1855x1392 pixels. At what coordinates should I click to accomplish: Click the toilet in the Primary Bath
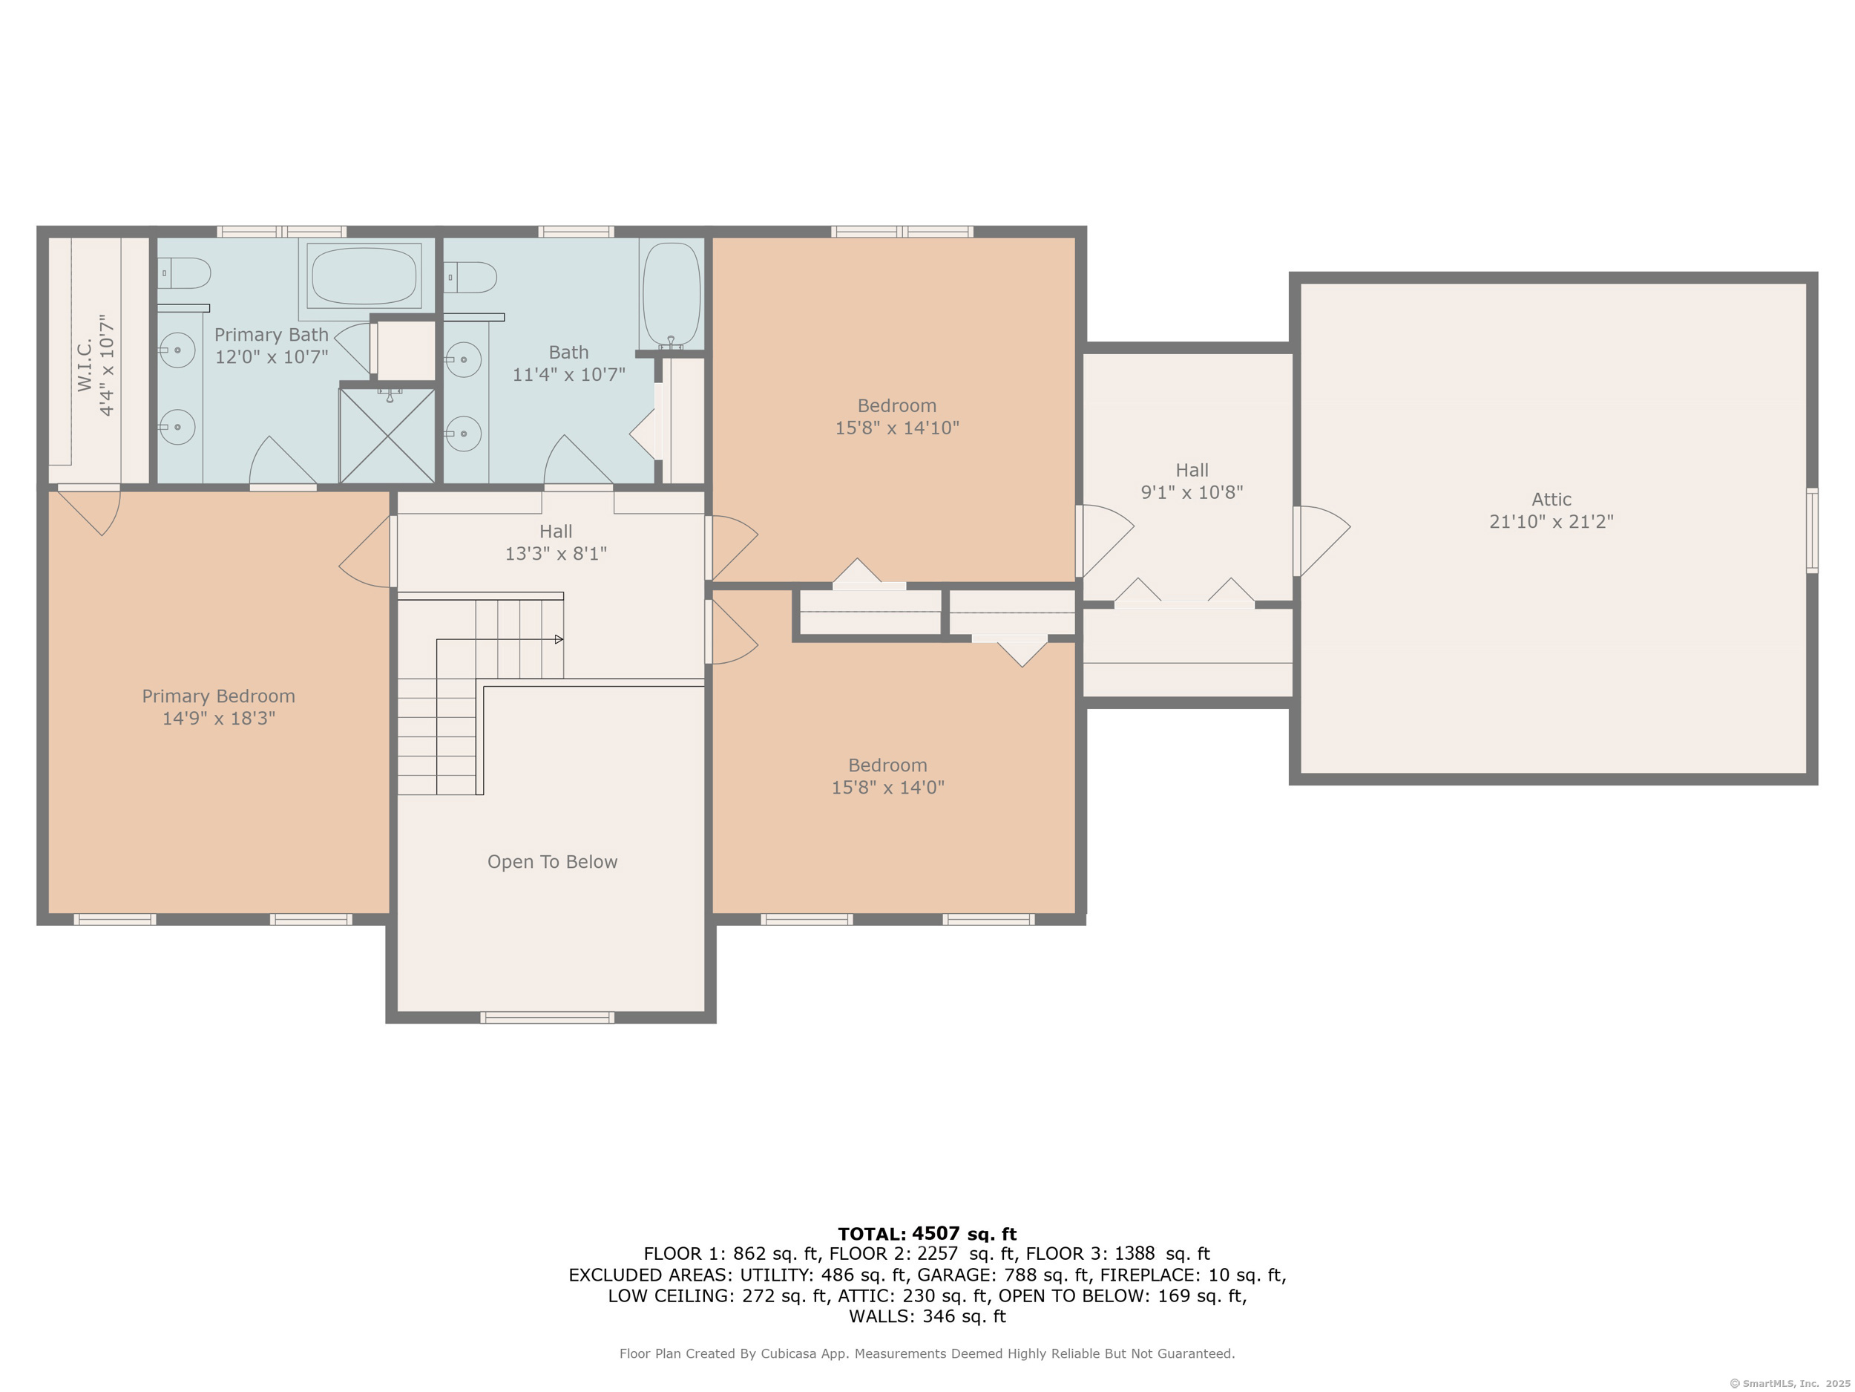coord(184,272)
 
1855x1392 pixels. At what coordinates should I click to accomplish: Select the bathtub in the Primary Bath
coord(364,275)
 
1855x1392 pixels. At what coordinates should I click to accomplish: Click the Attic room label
coord(1552,499)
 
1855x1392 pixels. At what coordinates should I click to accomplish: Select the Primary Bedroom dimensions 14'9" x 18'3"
coord(219,718)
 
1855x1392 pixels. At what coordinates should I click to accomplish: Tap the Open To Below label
coord(553,862)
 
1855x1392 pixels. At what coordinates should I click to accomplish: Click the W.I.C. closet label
coord(85,366)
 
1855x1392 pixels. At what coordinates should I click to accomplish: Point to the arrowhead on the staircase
coord(559,639)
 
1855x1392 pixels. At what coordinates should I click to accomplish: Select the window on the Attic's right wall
coord(1811,530)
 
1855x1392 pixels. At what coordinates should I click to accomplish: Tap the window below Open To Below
coord(548,1018)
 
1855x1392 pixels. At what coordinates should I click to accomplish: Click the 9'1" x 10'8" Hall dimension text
coord(1192,492)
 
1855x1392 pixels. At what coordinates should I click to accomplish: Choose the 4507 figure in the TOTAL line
coord(936,1233)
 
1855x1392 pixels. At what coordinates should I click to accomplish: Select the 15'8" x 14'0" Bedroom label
coord(888,776)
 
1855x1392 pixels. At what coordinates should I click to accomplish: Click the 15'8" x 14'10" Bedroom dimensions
coord(897,428)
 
